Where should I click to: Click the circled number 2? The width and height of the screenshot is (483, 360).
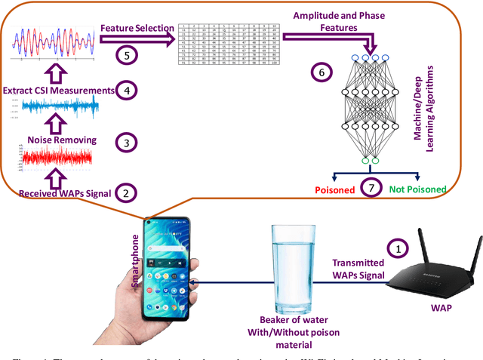click(x=127, y=194)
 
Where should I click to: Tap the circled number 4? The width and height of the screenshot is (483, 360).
click(x=127, y=91)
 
